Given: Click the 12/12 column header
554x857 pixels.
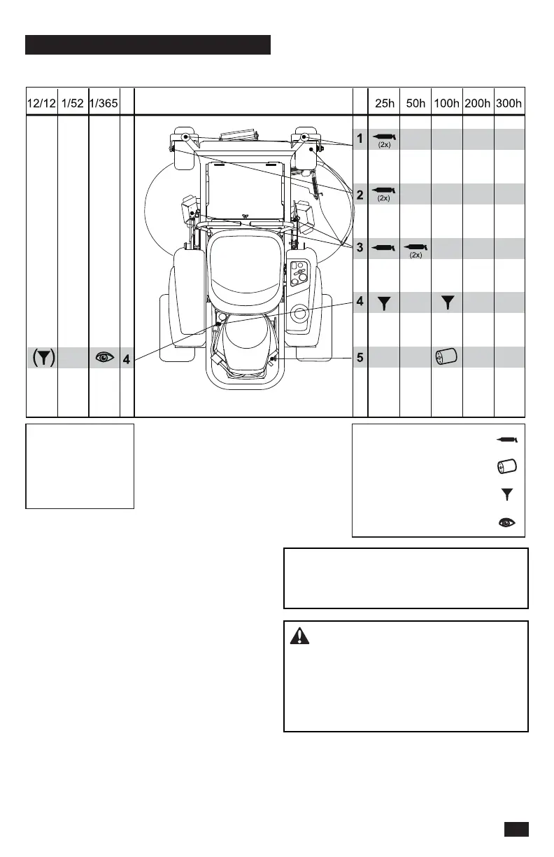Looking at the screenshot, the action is (x=41, y=104).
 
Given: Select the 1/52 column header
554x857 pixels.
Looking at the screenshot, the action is (x=73, y=104).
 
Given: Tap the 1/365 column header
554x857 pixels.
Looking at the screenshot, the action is (x=104, y=104).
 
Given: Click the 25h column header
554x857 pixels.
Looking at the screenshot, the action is (x=384, y=104).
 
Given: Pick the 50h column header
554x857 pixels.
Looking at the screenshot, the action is (x=415, y=104).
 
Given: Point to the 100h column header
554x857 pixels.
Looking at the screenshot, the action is (x=447, y=104).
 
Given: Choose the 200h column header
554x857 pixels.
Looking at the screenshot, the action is (x=478, y=104).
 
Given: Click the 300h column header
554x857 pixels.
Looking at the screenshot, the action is (x=509, y=104).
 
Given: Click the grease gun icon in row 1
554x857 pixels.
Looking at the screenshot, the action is (x=384, y=137).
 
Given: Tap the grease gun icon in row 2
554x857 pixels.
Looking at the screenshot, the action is (x=384, y=190).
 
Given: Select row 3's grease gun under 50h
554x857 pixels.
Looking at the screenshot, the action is (x=415, y=246).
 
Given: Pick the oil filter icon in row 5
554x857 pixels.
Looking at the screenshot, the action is (x=446, y=358).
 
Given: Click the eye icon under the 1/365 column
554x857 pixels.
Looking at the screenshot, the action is (x=104, y=358).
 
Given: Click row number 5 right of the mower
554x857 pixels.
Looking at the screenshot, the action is (x=360, y=358).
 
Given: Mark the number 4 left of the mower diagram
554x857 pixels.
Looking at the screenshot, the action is (x=127, y=359).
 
